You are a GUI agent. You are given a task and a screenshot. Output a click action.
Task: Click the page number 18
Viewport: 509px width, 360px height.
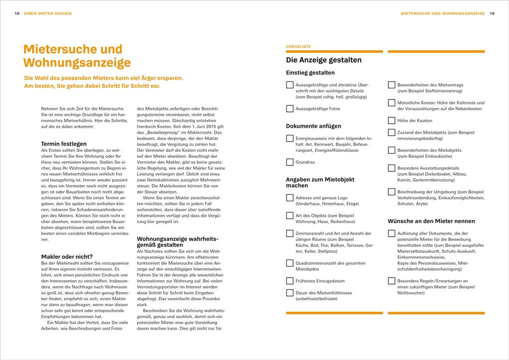[x=17, y=13]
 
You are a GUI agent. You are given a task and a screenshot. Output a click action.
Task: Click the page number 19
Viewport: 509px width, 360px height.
[x=492, y=13]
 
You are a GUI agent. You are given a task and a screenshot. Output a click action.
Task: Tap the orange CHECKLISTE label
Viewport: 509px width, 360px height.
[x=298, y=46]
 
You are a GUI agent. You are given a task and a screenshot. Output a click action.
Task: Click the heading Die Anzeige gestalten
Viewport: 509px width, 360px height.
[x=323, y=60]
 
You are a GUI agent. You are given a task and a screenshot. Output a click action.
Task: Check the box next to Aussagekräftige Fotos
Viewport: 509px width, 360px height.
[x=289, y=108]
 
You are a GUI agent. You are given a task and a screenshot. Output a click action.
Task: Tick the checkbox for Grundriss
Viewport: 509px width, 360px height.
[x=289, y=162]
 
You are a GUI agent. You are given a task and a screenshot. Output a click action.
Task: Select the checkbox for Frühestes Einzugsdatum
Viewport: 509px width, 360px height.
[x=289, y=281]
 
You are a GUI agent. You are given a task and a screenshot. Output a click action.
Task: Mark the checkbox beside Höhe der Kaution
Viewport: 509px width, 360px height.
[x=392, y=120]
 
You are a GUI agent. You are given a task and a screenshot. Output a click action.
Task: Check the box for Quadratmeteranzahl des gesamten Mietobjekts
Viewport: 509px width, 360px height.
[x=289, y=263]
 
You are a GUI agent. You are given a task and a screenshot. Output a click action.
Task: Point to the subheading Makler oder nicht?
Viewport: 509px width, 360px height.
[x=67, y=257]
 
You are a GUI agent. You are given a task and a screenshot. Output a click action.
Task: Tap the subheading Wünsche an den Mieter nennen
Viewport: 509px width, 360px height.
[x=431, y=221]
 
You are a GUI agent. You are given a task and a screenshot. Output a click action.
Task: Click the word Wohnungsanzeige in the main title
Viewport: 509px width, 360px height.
[x=77, y=63]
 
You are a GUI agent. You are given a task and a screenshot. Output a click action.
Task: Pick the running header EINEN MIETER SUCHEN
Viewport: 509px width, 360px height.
[x=48, y=13]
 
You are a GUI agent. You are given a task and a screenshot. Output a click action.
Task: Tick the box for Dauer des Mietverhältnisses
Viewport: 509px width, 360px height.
[x=289, y=293]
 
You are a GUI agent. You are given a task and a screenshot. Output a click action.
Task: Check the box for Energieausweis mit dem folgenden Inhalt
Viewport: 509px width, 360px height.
[x=289, y=138]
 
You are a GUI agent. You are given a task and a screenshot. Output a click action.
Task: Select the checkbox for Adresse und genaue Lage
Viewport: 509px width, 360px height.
[x=289, y=198]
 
